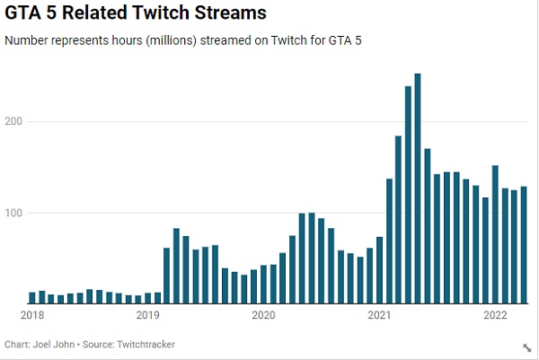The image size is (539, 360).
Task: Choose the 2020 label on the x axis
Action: point(263,315)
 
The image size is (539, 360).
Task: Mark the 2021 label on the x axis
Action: point(379,315)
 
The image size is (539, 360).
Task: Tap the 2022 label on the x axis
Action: point(495,315)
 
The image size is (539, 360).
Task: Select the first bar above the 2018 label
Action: point(31,298)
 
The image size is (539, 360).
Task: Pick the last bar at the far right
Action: point(525,245)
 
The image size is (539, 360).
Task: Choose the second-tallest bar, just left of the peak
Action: point(408,195)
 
